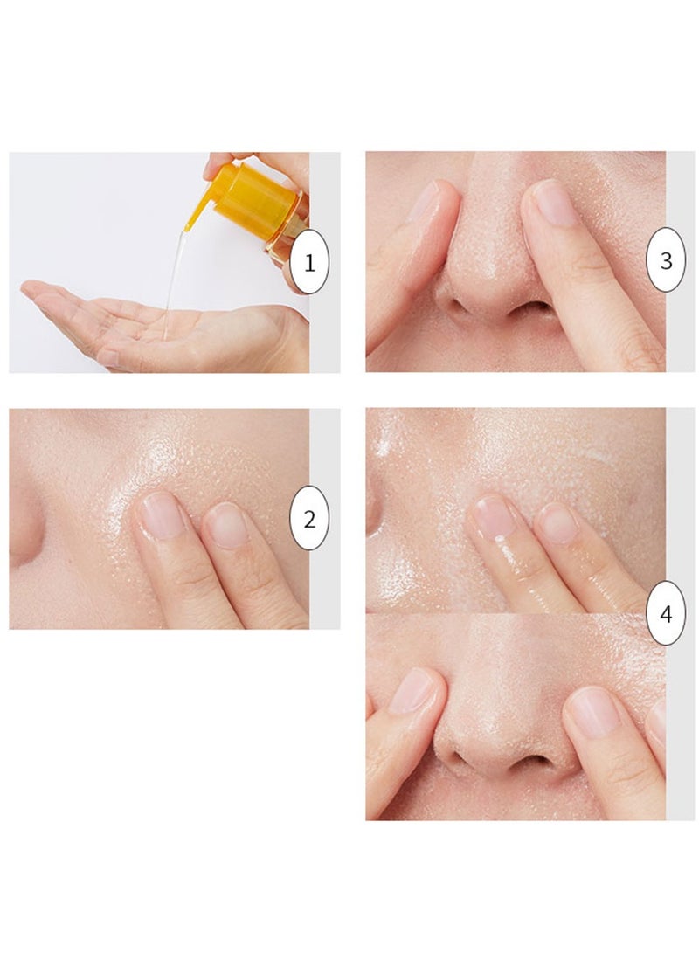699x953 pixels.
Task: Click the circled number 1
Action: pyautogui.click(x=309, y=261)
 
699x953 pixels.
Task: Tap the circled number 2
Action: pyautogui.click(x=309, y=519)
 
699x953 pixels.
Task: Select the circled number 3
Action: pyautogui.click(x=667, y=260)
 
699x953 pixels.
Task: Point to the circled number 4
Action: pyautogui.click(x=667, y=613)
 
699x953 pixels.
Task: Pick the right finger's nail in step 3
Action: pyautogui.click(x=553, y=204)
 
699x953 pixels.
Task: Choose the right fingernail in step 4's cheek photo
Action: pyautogui.click(x=557, y=522)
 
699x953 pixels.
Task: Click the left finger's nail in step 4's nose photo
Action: pyautogui.click(x=412, y=690)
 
